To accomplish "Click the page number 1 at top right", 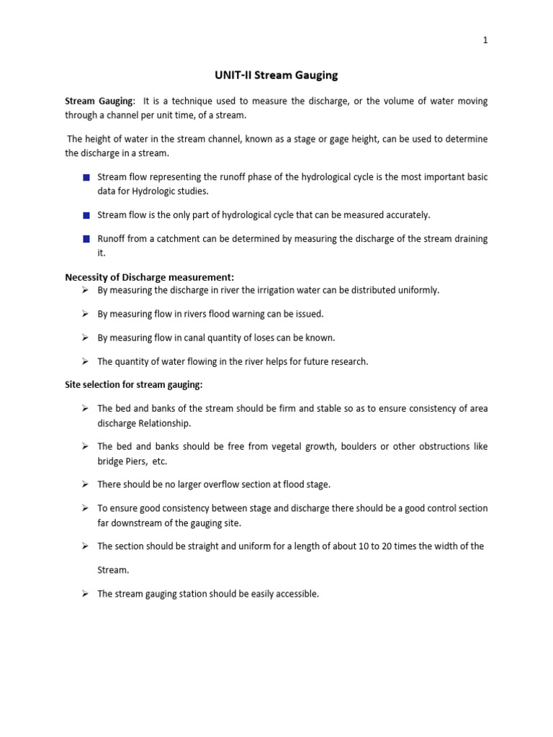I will [485, 40].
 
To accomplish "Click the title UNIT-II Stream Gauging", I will [276, 75].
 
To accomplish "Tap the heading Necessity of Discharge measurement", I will [150, 277].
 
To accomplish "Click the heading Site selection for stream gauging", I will [134, 385].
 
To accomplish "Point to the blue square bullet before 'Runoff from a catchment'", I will [86, 238].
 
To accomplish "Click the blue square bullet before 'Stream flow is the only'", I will [86, 215].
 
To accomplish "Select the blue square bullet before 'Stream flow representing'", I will [86, 177].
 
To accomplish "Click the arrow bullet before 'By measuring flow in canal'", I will [85, 337].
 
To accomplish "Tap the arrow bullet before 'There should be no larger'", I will [85, 484].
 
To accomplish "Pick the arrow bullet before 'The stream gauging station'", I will [85, 594].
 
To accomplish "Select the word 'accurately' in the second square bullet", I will [406, 215].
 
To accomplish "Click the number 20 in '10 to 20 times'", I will [385, 546].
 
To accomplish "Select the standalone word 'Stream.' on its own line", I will [113, 569].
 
